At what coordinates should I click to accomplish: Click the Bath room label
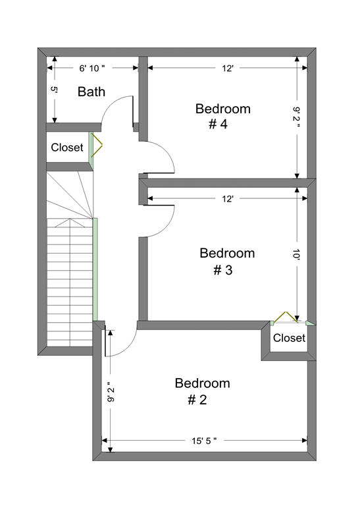pos(91,92)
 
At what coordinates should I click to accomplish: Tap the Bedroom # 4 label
pos(223,117)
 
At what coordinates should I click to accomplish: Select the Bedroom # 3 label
pos(227,261)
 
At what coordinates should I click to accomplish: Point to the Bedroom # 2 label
pos(202,391)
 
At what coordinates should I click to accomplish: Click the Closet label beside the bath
pos(67,147)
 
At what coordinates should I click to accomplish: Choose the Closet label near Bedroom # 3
pos(289,338)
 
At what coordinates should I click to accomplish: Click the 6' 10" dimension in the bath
pos(91,69)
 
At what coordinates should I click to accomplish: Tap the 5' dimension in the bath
pos(54,90)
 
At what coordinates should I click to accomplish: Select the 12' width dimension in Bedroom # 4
pos(227,69)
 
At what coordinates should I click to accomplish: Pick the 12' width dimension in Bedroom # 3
pos(227,199)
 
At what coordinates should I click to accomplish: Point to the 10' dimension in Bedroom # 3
pos(296,254)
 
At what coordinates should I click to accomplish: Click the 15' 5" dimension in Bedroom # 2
pos(204,441)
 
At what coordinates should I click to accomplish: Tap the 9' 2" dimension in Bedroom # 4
pos(296,118)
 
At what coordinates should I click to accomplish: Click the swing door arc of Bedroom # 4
pos(167,151)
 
